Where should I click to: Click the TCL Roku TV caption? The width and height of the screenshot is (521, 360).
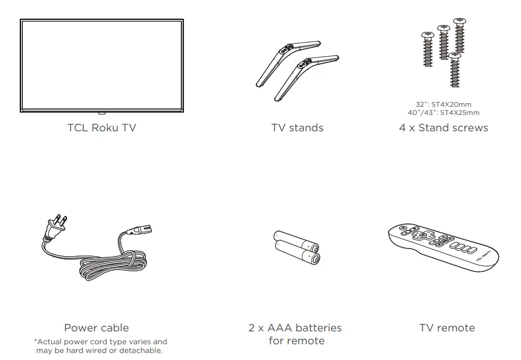click(x=102, y=128)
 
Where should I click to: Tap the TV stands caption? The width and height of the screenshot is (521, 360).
click(x=297, y=128)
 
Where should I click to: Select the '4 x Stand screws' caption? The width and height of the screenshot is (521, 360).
click(x=443, y=128)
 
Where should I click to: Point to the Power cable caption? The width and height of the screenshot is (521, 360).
click(x=96, y=328)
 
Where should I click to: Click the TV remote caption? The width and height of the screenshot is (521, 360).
click(x=447, y=328)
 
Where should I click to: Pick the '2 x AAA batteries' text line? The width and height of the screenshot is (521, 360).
click(x=295, y=328)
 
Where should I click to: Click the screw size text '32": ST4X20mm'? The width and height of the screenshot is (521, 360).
click(x=444, y=105)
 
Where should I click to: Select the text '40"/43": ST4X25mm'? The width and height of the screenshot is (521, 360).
click(x=444, y=113)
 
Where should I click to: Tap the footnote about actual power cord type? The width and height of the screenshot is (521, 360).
click(x=100, y=346)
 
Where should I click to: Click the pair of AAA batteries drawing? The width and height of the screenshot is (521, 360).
click(x=296, y=247)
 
